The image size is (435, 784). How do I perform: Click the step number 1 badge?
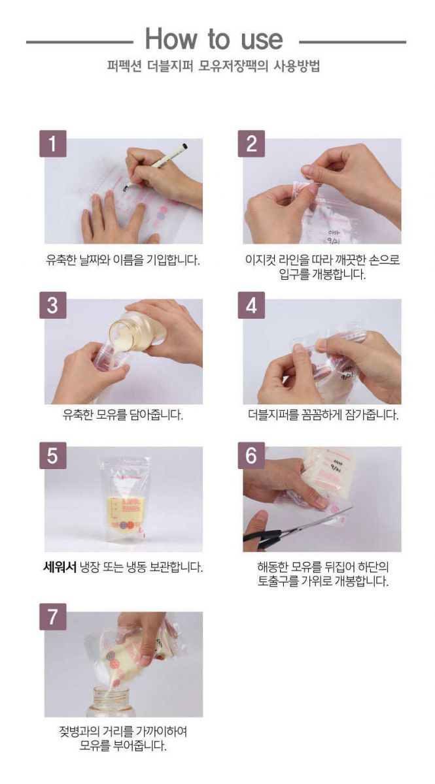(x=52, y=144)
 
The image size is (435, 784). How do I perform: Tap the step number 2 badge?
(x=251, y=144)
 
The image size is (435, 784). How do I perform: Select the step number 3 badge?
(x=52, y=305)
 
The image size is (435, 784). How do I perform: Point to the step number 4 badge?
(x=251, y=305)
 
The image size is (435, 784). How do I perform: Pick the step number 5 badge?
(x=52, y=455)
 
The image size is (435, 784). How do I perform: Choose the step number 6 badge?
(x=251, y=455)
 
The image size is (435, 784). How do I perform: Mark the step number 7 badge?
(x=52, y=617)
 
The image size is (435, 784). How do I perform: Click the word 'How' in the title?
(x=171, y=39)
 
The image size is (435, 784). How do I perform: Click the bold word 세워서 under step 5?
(x=60, y=566)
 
